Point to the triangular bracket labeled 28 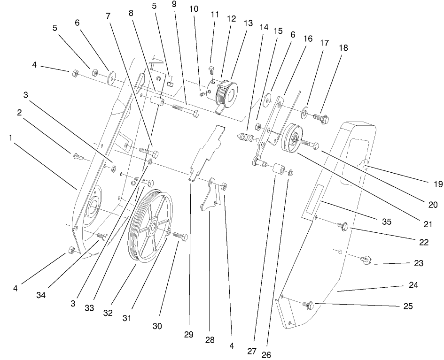209,197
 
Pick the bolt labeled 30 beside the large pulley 181,237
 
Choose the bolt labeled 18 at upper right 320,115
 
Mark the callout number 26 266,354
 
